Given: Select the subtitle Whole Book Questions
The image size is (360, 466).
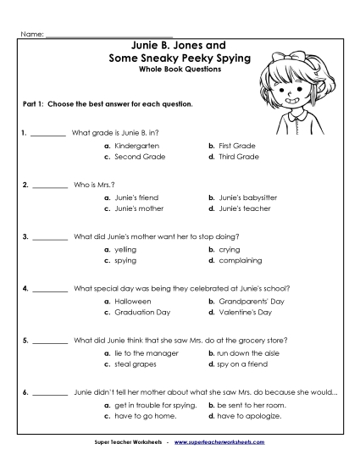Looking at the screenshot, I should [x=179, y=69].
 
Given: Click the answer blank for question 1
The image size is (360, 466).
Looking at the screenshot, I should [x=50, y=133].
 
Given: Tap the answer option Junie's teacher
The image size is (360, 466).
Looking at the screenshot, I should [x=239, y=208].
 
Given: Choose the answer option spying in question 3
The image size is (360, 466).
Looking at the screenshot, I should [x=124, y=260].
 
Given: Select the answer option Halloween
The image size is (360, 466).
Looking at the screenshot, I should [x=130, y=301].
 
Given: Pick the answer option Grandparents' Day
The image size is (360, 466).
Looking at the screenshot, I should [x=245, y=301].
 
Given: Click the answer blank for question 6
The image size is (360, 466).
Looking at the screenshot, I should [x=50, y=392].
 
